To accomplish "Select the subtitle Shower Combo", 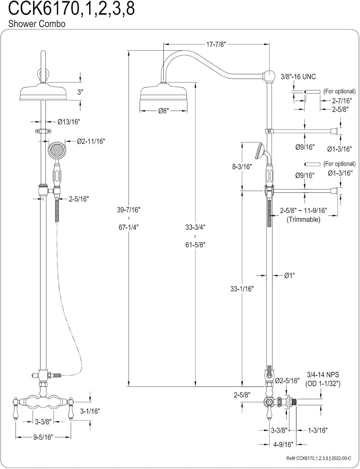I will [x=37, y=24].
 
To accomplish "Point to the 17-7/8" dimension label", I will [x=216, y=44].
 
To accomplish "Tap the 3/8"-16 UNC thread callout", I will [x=298, y=77].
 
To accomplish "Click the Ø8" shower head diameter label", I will [x=163, y=111].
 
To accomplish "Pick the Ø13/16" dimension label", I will [x=69, y=122].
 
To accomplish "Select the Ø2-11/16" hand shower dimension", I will [x=91, y=142].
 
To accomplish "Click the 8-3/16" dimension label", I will [x=242, y=167].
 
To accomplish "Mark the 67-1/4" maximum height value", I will [x=128, y=227].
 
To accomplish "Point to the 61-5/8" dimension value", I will [x=195, y=245].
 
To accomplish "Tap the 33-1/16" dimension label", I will [x=242, y=289].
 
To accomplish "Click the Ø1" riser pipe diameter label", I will [x=289, y=275].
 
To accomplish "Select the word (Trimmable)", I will [x=303, y=219].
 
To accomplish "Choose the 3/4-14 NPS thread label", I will [x=323, y=375].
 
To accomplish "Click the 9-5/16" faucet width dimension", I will [x=43, y=437].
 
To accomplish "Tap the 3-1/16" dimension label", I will [x=89, y=411].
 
